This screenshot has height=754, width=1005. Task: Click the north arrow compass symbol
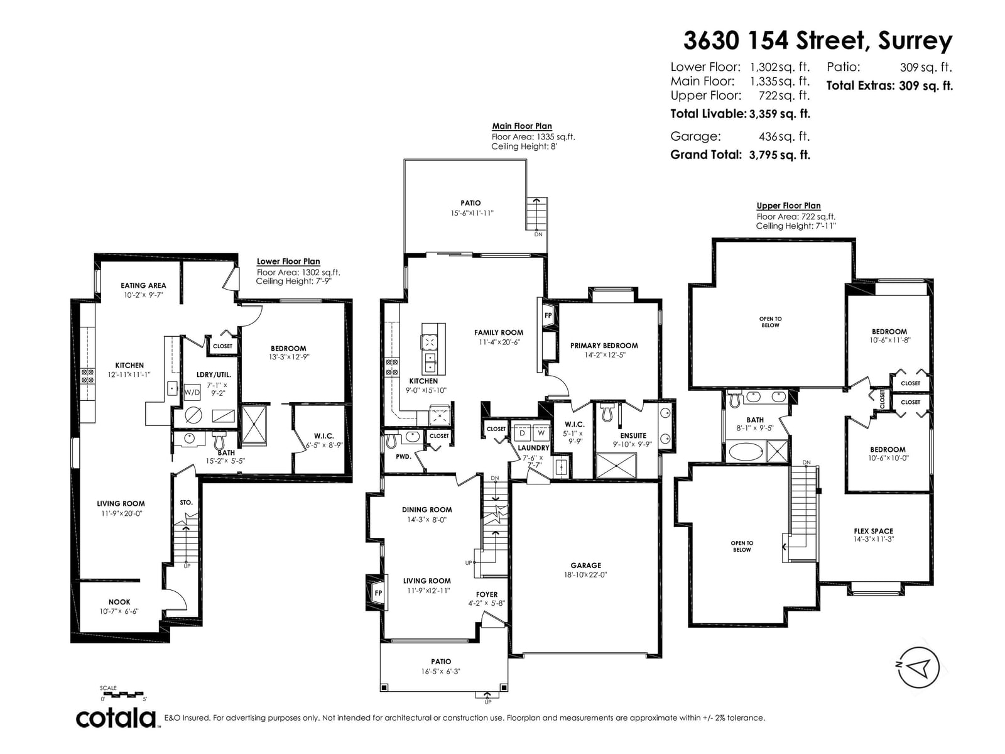pos(918,667)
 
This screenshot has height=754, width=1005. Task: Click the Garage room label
pos(585,565)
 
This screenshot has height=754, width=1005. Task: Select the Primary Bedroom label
pos(604,345)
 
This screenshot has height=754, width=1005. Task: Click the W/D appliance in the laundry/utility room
pos(192,392)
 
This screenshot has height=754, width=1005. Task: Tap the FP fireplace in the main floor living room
pos(378,593)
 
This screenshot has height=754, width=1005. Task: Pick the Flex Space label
pos(873,531)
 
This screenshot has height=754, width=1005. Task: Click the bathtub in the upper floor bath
pos(745,451)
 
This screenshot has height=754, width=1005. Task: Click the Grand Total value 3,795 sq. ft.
pos(780,155)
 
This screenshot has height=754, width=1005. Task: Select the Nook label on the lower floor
pos(119,601)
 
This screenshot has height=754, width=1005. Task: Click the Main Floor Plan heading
pos(521,126)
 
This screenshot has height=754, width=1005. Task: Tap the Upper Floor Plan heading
pos(788,205)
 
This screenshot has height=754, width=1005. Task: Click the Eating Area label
pos(143,285)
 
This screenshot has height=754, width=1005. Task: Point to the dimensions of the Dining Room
pos(426,520)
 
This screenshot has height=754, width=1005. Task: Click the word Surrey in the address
pos(915,41)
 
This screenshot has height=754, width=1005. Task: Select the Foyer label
pos(486,594)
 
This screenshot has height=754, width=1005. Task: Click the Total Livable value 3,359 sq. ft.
pos(780,114)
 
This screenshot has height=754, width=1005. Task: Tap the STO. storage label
pos(186,502)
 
